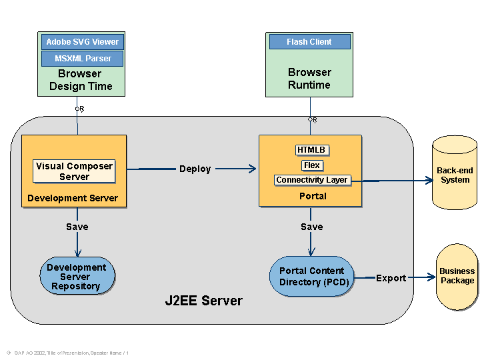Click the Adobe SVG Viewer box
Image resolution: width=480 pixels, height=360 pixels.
[82, 41]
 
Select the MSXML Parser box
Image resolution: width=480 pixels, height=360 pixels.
[82, 59]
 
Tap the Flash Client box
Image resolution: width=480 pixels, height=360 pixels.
[309, 41]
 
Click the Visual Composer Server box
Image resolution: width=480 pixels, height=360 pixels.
[74, 171]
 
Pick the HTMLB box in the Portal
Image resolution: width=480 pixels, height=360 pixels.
[311, 150]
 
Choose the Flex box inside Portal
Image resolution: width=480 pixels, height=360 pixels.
[311, 165]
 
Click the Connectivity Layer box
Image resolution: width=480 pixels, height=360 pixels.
[312, 180]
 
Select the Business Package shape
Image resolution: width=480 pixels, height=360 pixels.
[457, 276]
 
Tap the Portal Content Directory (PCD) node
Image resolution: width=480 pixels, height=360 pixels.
[311, 276]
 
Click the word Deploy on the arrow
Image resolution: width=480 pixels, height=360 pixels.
[195, 169]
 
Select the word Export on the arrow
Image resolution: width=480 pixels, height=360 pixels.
[391, 278]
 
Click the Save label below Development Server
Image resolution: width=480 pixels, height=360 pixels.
[77, 227]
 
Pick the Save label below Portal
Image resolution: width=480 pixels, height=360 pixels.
[311, 227]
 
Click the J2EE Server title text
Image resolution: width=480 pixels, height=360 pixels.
[203, 301]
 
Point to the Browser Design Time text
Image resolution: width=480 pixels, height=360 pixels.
[80, 80]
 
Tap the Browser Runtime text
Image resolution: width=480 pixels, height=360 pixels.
[309, 79]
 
